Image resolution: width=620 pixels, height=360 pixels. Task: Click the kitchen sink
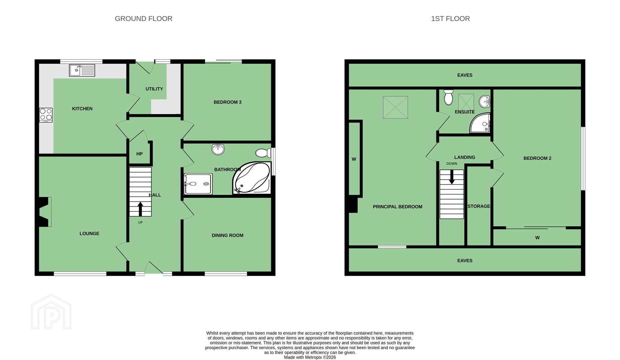(82, 70)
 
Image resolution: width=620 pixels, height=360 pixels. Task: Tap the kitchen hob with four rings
(46, 115)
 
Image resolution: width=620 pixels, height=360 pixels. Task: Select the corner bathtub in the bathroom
(252, 178)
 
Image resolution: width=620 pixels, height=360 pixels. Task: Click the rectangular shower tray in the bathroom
(198, 184)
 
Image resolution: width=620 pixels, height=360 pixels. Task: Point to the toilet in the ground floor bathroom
(263, 153)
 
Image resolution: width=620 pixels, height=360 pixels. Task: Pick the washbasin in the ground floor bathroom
(218, 150)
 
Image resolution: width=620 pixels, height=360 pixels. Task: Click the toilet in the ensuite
(449, 97)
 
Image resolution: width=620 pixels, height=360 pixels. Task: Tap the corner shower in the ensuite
(480, 123)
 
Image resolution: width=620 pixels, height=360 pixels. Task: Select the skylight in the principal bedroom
(396, 107)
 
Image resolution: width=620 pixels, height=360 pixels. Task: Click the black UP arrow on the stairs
(140, 209)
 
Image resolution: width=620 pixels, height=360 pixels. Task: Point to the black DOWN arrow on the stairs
(452, 177)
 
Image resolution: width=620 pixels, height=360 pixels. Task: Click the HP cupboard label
(139, 154)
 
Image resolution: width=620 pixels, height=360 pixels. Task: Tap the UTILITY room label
(154, 89)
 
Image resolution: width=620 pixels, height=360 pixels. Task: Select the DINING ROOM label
(227, 235)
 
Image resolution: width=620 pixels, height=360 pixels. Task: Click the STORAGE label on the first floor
(479, 206)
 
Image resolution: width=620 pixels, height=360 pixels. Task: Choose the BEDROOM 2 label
(537, 158)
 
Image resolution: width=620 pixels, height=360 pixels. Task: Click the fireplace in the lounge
(43, 212)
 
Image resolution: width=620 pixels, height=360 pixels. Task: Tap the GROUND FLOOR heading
(143, 19)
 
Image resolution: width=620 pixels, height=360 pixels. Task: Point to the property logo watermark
(51, 312)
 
